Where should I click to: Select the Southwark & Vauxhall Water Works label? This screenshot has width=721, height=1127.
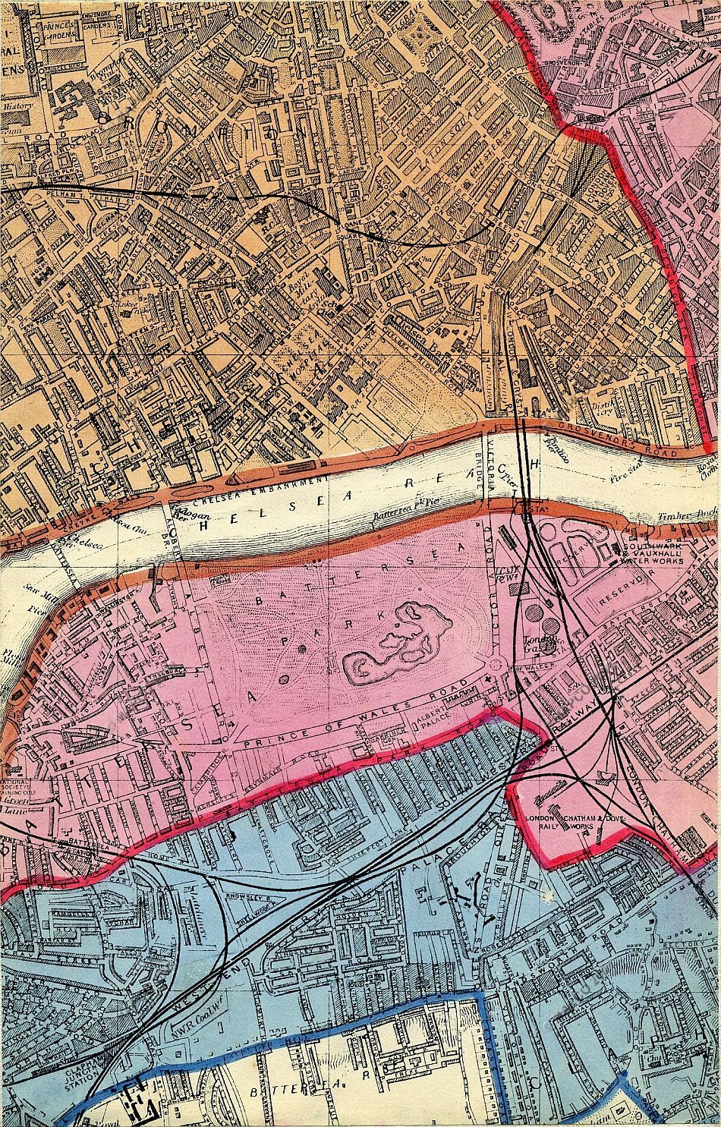pos(653,553)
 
